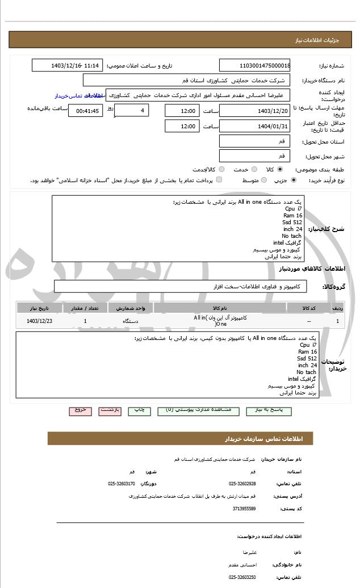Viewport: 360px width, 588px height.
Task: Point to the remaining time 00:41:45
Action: point(85,111)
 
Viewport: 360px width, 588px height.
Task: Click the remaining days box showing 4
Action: point(131,110)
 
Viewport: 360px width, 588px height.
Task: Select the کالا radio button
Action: point(280,169)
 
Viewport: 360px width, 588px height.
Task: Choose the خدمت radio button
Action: point(254,169)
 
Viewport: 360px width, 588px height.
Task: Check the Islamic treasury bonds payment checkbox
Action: point(219,180)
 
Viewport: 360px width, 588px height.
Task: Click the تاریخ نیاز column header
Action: point(39,308)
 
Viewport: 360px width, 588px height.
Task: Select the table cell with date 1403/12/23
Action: point(39,321)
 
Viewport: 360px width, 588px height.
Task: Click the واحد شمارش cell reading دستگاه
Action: point(131,321)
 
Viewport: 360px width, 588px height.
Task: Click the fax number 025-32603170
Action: point(122,484)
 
